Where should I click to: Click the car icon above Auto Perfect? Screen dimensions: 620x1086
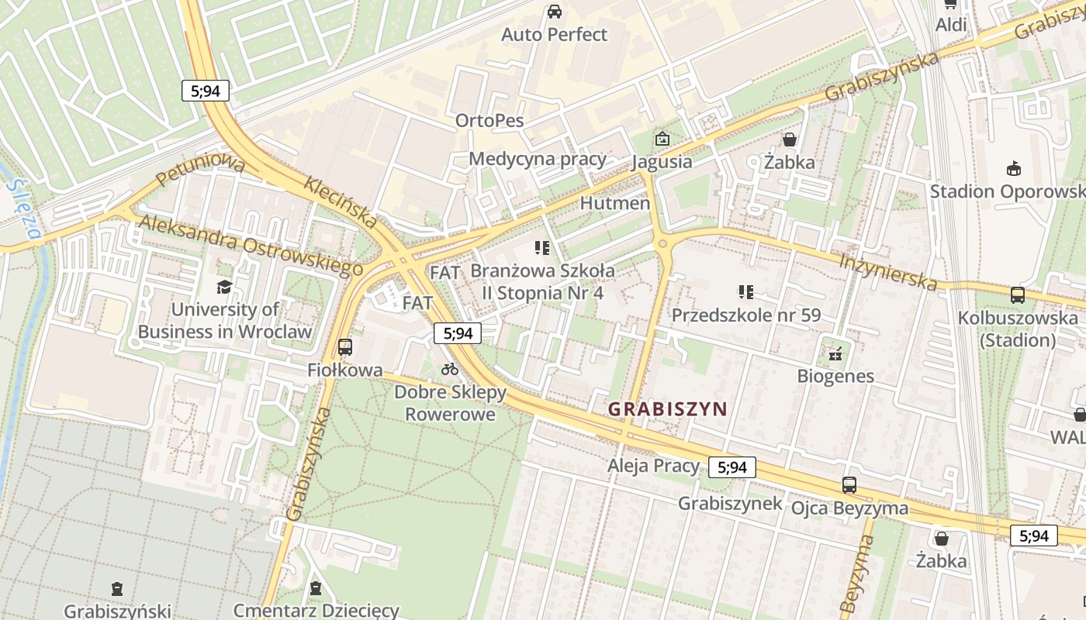click(554, 12)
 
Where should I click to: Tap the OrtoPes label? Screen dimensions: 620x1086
click(489, 121)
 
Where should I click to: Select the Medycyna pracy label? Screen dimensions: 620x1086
click(538, 159)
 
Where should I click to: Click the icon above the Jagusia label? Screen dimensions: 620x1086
click(662, 139)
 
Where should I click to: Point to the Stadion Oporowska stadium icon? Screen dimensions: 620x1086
click(1013, 168)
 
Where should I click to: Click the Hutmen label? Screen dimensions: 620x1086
click(615, 203)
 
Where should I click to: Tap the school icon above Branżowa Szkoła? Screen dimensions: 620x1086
click(541, 248)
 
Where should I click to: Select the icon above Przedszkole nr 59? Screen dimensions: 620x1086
click(745, 292)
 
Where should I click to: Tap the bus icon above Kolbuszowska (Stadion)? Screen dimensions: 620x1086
click(1017, 295)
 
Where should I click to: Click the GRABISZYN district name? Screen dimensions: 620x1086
click(667, 408)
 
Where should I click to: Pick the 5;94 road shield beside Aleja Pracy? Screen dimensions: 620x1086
click(731, 467)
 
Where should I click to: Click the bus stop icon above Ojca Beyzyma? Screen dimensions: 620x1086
click(849, 485)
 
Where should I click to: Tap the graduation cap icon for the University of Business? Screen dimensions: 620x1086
click(224, 288)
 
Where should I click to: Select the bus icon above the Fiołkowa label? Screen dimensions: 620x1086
click(345, 347)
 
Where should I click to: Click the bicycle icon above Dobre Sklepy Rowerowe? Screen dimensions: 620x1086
click(450, 369)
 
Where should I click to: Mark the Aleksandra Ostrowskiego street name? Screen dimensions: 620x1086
click(251, 245)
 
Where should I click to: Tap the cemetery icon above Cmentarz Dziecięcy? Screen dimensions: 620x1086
click(316, 588)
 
